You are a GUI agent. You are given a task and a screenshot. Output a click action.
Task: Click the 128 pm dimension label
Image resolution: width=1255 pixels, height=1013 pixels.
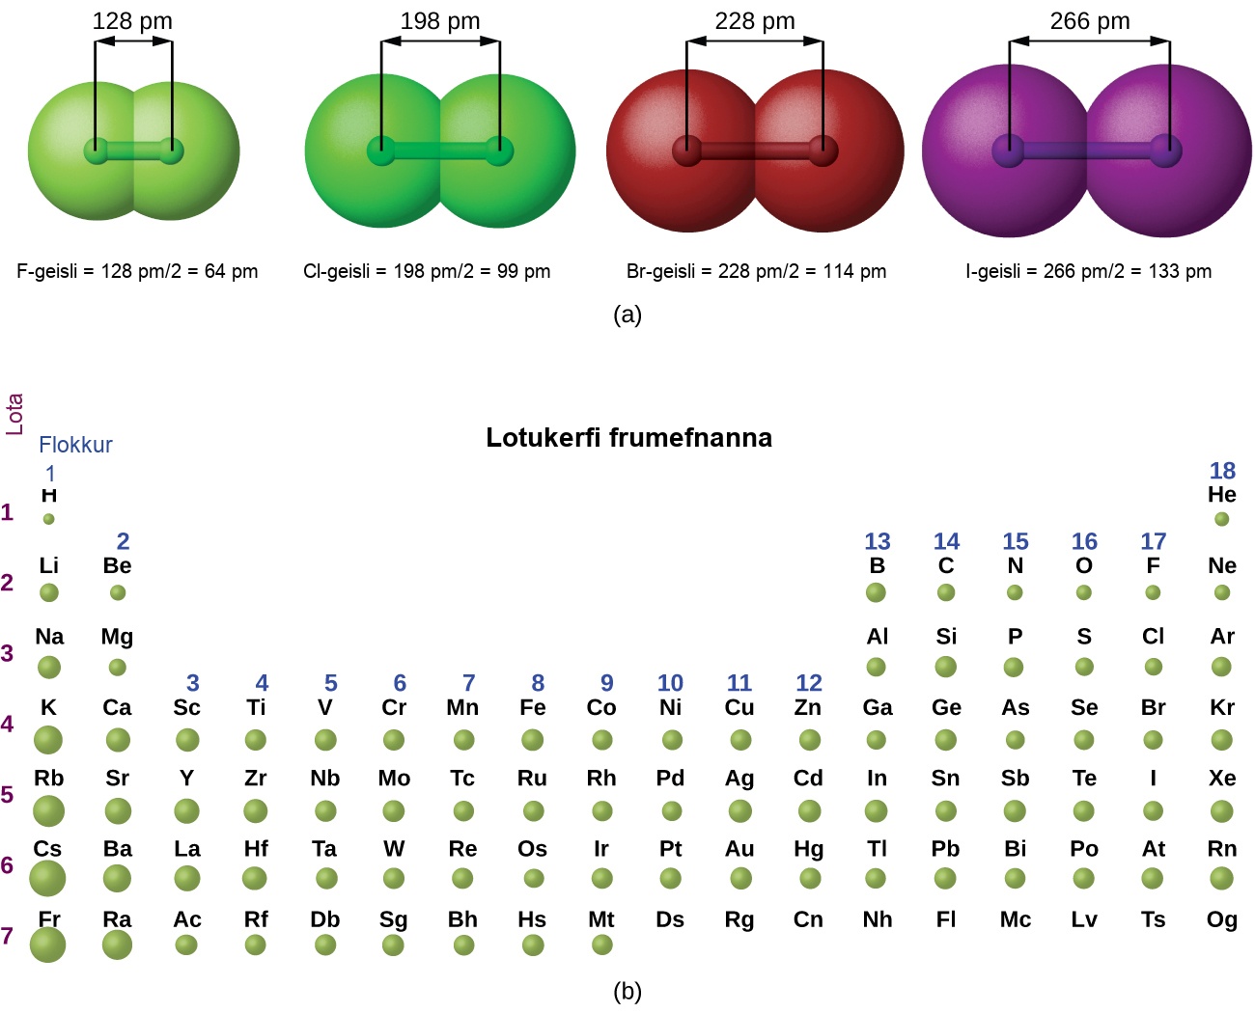[132, 21]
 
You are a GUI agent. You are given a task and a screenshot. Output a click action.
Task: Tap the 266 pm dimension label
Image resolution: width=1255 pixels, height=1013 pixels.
[1090, 21]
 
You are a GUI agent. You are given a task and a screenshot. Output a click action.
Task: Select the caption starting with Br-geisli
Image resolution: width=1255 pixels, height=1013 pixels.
[756, 271]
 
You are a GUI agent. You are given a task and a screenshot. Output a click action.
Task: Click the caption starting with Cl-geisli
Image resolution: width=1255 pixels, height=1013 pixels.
[427, 271]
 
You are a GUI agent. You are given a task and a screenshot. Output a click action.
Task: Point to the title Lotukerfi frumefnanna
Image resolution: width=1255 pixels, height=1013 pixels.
[628, 438]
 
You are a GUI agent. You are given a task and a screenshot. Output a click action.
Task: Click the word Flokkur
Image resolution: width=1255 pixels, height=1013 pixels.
[75, 445]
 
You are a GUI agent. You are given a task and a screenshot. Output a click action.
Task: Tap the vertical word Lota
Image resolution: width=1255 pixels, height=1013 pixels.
[14, 415]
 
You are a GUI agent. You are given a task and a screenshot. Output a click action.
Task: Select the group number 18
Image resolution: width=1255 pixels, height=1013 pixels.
[1222, 470]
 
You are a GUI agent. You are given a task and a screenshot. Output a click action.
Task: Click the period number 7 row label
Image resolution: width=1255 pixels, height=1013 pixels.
[7, 936]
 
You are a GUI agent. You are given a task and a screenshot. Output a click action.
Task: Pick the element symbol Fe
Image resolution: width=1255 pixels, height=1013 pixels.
[532, 707]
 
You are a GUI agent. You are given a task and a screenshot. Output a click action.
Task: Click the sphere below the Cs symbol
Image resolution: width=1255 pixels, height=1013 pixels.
[47, 878]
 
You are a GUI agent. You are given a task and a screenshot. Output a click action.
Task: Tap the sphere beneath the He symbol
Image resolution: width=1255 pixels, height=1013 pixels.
[1222, 519]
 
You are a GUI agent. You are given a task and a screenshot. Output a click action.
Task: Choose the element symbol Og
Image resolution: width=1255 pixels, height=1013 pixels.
[1222, 919]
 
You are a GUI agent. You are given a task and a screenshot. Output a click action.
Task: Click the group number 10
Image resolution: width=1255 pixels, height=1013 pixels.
[670, 683]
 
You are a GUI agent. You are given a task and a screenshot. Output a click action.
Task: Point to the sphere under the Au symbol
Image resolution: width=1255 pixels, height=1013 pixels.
[740, 878]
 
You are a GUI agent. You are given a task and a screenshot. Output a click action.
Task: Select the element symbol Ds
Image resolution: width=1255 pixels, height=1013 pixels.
[670, 919]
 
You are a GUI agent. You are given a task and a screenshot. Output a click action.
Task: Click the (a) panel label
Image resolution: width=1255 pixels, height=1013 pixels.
[627, 315]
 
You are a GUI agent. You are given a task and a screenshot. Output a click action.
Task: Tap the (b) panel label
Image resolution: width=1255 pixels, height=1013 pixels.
[627, 991]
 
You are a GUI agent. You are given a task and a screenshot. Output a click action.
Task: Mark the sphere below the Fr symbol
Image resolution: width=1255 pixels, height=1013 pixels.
[47, 945]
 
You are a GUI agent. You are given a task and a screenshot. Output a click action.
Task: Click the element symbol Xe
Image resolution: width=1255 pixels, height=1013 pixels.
[1222, 779]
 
